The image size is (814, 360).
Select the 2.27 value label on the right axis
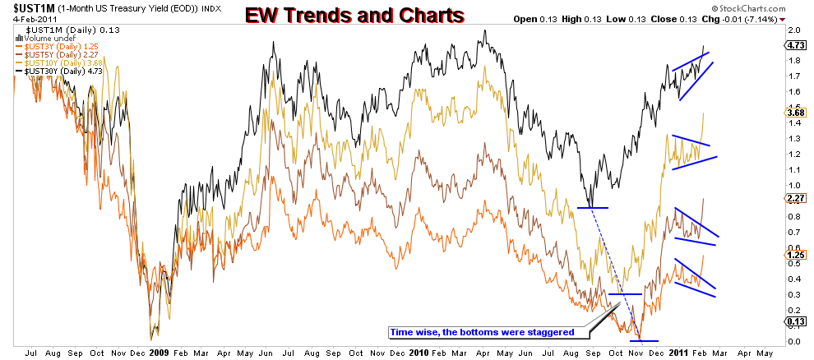coord(796,198)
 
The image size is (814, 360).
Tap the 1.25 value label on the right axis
coord(796,256)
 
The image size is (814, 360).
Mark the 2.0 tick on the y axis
coord(795,30)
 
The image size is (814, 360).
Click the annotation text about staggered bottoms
coord(483,332)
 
